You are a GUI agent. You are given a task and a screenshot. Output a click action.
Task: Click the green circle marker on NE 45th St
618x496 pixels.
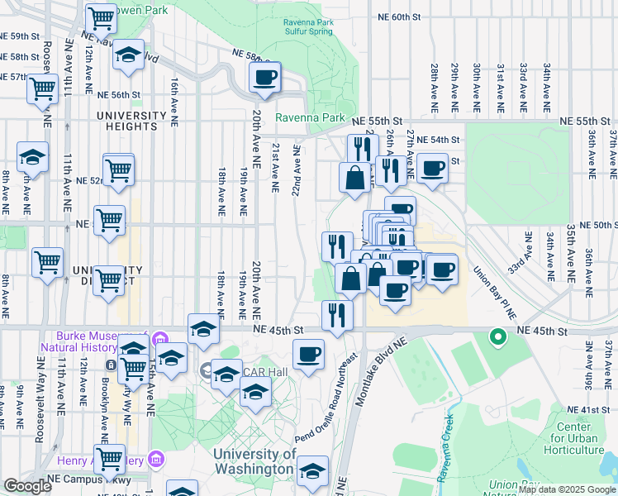tap(497, 336)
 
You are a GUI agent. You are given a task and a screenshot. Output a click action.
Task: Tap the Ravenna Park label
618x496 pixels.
tap(310, 117)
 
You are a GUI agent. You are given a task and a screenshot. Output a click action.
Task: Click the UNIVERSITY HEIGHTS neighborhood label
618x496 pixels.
tap(126, 121)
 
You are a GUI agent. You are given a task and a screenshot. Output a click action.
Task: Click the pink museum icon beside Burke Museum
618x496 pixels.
tap(160, 337)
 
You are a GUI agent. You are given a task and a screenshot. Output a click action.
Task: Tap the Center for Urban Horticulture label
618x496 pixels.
tap(578, 438)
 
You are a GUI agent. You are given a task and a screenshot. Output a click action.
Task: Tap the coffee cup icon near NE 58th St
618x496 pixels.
tap(264, 78)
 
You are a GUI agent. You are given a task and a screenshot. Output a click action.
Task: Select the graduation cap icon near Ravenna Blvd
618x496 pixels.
tap(127, 55)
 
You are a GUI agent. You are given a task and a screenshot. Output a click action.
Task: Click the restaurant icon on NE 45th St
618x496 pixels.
tap(337, 314)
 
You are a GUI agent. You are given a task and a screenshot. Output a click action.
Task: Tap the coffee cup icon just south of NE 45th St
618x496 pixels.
tap(309, 354)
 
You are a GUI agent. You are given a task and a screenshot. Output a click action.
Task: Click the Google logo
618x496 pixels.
tap(27, 486)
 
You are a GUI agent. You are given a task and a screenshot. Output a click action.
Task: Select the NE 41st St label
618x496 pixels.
tap(588, 410)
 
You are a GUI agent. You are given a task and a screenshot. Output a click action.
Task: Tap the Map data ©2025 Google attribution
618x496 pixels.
tap(567, 489)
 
